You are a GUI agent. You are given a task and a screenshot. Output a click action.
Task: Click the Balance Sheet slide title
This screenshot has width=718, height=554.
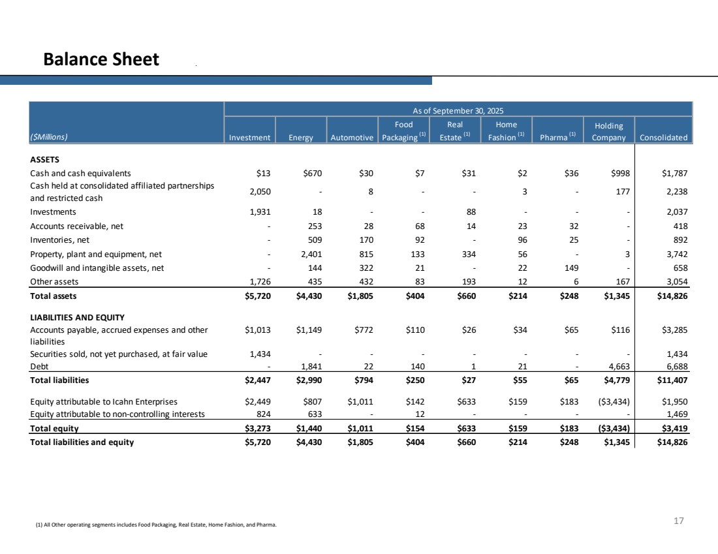pyautogui.click(x=101, y=60)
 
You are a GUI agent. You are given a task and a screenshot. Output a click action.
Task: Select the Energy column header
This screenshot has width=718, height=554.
pyautogui.click(x=300, y=138)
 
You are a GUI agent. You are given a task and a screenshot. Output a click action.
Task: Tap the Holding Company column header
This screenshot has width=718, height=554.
pyautogui.click(x=609, y=132)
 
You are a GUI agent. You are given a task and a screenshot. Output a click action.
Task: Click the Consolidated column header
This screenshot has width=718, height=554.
pyautogui.click(x=663, y=138)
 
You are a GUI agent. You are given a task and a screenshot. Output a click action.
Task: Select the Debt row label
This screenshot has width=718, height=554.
pyautogui.click(x=39, y=366)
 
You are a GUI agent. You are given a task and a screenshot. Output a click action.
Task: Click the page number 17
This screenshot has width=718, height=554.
pyautogui.click(x=678, y=521)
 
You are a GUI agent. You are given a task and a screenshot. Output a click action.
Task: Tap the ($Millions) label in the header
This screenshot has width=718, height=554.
pyautogui.click(x=50, y=138)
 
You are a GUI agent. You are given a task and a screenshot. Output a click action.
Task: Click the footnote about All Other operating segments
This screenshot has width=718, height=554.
pyautogui.click(x=156, y=524)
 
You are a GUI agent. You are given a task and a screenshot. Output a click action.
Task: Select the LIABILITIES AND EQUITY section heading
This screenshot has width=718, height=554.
pyautogui.click(x=77, y=317)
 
